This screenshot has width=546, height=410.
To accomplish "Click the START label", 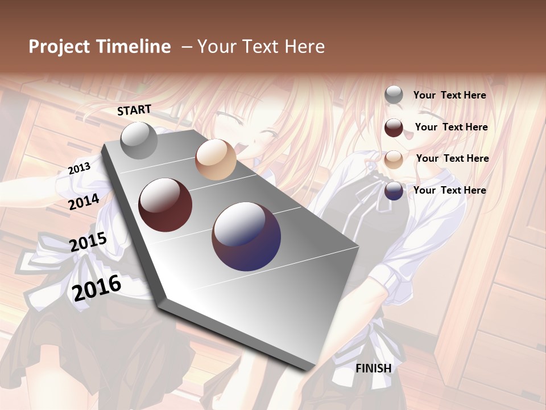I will click(x=134, y=110).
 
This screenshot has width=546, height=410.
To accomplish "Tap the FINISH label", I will click(x=374, y=368).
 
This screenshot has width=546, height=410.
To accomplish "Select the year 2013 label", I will click(x=79, y=169).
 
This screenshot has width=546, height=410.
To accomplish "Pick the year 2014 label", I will click(x=84, y=202).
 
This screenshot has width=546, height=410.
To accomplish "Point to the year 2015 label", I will click(x=88, y=242).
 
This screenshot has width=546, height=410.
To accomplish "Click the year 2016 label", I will click(x=97, y=288).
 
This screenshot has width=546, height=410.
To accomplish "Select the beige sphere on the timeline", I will click(x=216, y=159).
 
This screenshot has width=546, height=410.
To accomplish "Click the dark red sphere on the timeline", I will click(x=165, y=205).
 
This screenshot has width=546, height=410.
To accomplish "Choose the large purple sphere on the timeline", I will click(x=246, y=236).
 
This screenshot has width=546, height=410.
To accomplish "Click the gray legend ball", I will click(x=394, y=95).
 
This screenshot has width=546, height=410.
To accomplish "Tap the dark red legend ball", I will click(x=394, y=128).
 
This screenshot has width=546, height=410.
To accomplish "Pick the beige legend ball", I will click(x=394, y=159).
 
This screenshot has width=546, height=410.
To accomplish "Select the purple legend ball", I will click(x=394, y=191).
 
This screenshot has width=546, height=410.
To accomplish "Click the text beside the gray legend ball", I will click(x=449, y=95).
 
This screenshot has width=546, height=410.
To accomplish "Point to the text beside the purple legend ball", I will click(x=449, y=190).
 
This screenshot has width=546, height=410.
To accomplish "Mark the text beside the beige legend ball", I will click(x=452, y=158).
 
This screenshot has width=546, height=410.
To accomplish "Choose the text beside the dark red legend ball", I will click(x=451, y=127).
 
